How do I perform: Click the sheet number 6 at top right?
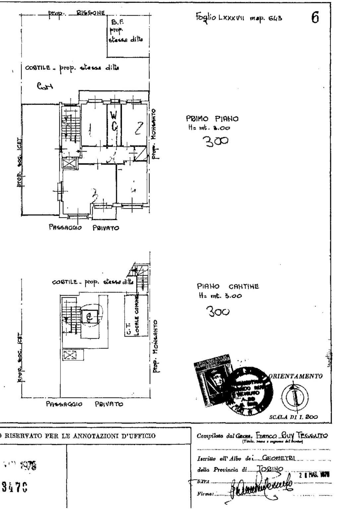tap(315, 18)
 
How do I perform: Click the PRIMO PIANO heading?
tap(212, 119)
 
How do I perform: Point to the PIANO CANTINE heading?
tap(228, 286)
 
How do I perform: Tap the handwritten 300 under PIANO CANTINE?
tap(217, 311)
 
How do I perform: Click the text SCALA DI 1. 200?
tap(293, 417)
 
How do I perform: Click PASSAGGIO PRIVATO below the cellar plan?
tap(85, 404)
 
